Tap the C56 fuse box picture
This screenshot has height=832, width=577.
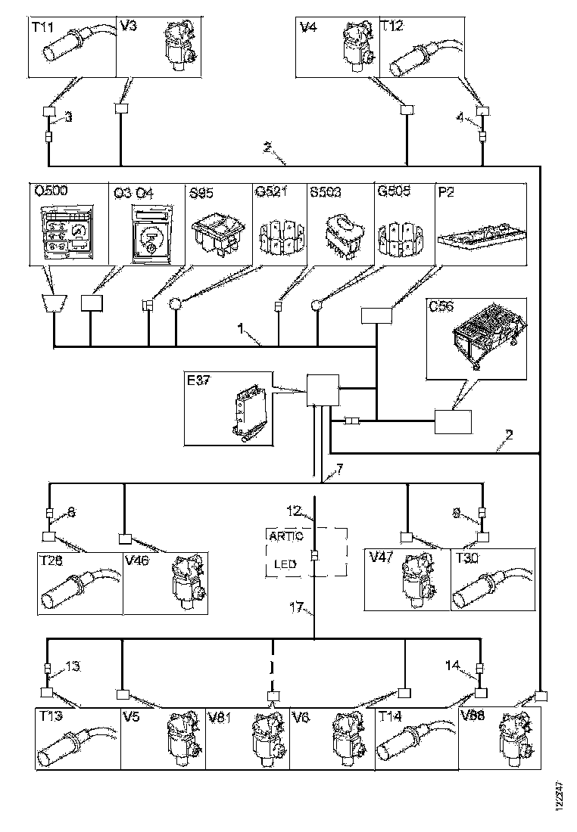(x=481, y=334)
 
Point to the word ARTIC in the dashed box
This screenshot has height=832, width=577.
(x=285, y=536)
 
